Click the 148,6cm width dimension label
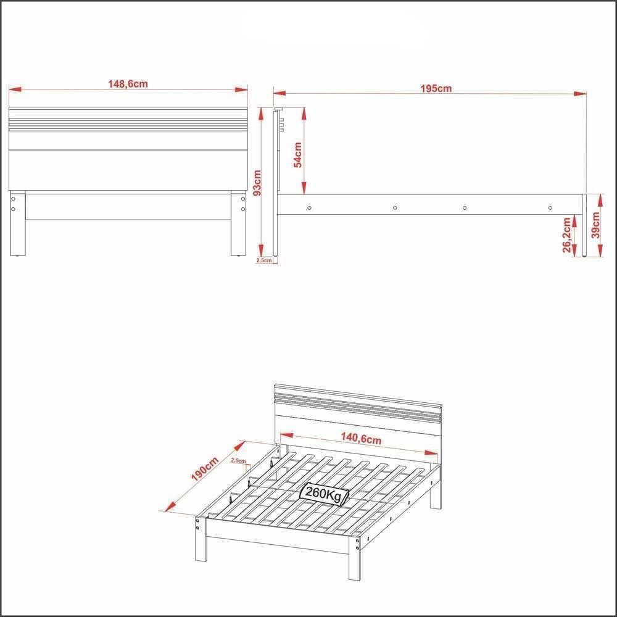128,84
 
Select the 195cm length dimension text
436,88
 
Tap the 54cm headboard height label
297,155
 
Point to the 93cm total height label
257,182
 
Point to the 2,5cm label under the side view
263,260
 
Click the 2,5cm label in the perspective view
238,460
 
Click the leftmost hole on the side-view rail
309,207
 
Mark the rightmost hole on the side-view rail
550,207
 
